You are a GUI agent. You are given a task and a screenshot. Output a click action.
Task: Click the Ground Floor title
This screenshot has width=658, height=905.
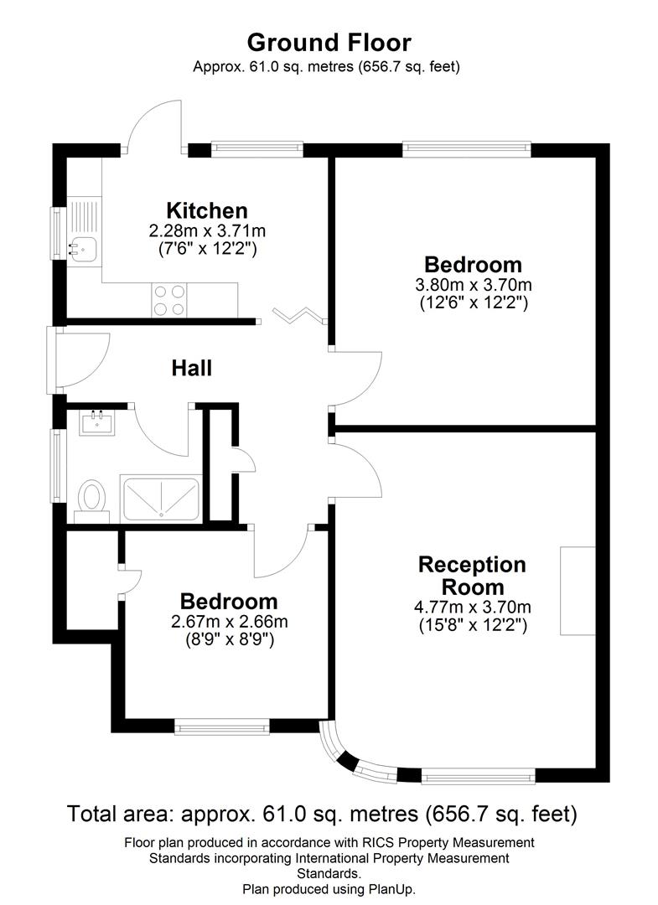click(329, 42)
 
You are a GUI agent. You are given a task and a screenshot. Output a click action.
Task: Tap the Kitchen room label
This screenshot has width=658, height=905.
click(206, 210)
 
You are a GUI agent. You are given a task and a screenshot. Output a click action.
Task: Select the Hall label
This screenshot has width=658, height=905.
click(191, 368)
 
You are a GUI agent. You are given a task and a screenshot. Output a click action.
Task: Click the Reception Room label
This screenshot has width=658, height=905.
click(473, 576)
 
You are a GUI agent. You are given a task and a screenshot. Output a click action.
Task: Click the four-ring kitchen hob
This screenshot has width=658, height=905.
click(169, 300)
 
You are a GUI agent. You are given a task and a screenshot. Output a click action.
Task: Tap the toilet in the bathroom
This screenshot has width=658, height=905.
click(91, 497)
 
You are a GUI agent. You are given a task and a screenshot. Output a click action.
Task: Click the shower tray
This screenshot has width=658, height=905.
click(160, 499)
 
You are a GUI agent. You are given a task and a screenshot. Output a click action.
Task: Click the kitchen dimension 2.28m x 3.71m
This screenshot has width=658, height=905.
click(206, 230)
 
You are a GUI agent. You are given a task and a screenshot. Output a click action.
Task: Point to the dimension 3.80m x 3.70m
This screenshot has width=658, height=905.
click(474, 285)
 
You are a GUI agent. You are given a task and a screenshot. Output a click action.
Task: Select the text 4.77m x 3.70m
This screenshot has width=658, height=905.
click(473, 608)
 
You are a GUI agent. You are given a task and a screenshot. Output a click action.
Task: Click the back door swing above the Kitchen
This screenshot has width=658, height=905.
click(153, 126)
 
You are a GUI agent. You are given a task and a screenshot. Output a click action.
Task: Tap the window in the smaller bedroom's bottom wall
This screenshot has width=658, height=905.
click(222, 726)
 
